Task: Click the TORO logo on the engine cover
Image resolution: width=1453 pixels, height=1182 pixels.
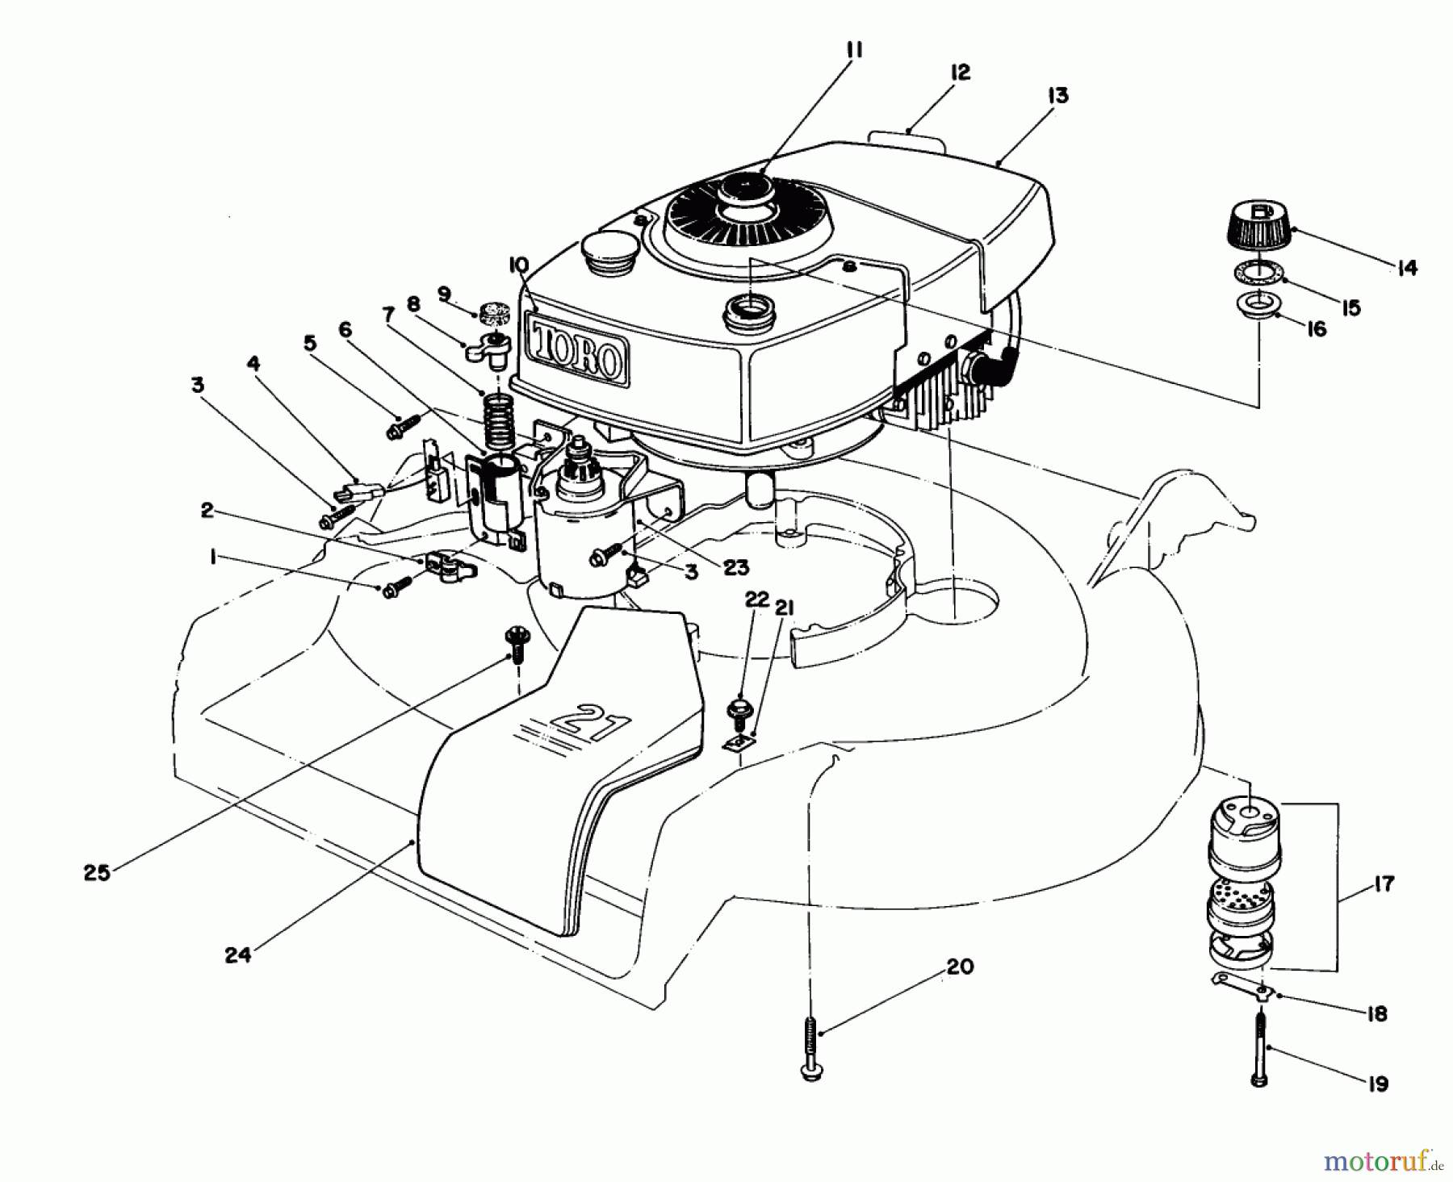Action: (578, 350)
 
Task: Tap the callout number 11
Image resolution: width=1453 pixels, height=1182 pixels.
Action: (854, 51)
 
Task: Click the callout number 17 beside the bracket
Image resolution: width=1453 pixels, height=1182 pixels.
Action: (1383, 884)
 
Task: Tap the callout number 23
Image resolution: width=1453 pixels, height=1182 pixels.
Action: (735, 568)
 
